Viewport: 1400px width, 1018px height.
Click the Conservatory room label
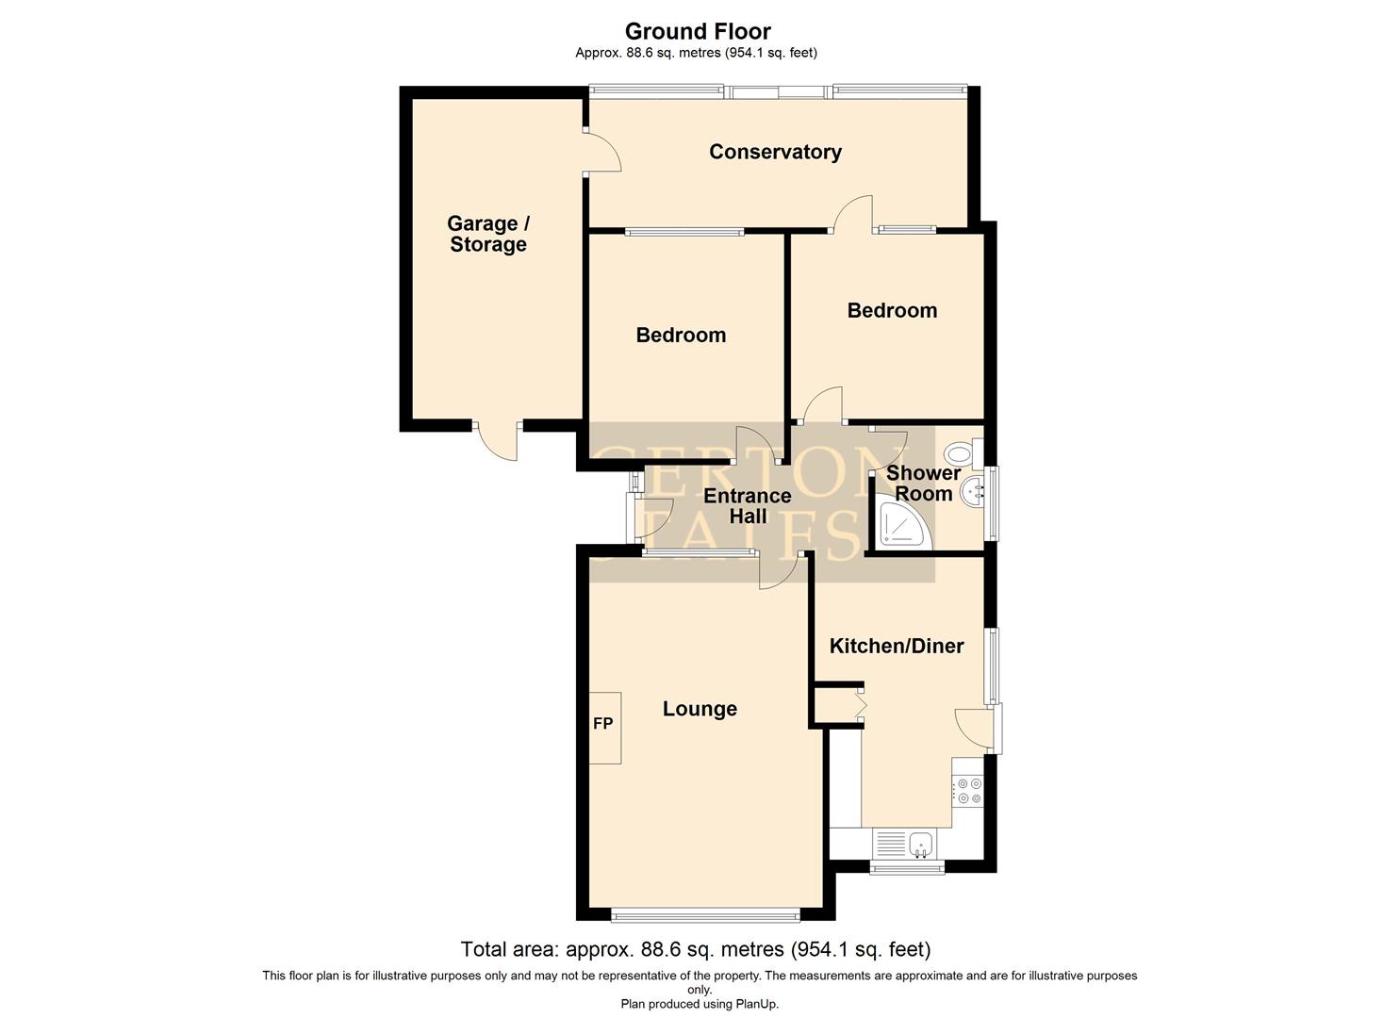(x=775, y=152)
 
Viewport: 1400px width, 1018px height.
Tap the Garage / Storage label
(x=488, y=234)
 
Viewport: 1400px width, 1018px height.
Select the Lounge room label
(x=700, y=709)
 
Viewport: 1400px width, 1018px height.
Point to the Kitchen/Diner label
(x=896, y=646)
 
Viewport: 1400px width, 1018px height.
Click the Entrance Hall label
(x=748, y=506)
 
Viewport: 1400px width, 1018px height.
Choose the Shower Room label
(x=923, y=483)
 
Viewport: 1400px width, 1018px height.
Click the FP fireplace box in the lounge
(x=603, y=724)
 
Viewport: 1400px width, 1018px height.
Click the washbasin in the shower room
(x=974, y=490)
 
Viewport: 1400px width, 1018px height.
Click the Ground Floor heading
(x=698, y=32)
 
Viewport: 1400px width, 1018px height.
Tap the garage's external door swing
(x=497, y=441)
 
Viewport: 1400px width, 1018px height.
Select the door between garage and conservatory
(x=601, y=152)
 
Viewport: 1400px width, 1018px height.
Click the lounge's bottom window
(x=704, y=914)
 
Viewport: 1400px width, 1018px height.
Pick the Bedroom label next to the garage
(x=681, y=335)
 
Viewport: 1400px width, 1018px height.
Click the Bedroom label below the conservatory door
(x=892, y=310)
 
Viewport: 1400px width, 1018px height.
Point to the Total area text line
(x=695, y=948)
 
